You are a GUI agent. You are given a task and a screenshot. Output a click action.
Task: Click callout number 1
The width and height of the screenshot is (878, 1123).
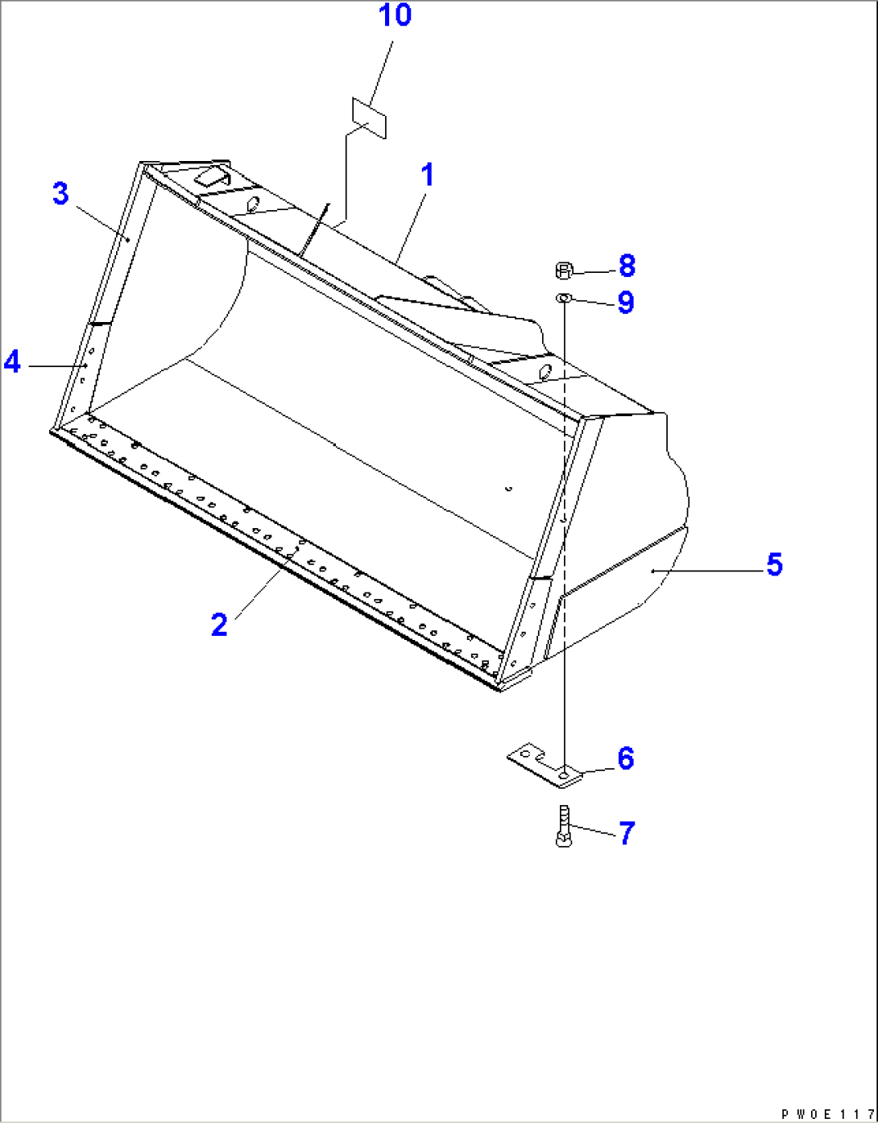[428, 175]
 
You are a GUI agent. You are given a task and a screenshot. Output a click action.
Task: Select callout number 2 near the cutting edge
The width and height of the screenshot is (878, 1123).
[219, 625]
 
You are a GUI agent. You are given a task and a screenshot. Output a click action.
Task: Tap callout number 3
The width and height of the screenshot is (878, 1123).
[60, 193]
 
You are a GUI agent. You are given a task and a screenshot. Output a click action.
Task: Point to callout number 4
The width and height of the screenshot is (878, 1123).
[12, 361]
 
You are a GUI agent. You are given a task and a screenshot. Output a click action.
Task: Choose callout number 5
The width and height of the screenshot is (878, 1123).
[774, 564]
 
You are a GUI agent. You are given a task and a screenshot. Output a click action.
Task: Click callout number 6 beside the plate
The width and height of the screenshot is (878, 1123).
[626, 758]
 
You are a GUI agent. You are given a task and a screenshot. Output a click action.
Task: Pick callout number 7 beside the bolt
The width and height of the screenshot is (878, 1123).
[627, 832]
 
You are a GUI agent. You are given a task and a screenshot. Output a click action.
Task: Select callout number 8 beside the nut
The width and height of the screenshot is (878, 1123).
[627, 265]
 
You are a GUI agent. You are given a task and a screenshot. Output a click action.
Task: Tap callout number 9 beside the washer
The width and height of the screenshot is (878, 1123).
[626, 303]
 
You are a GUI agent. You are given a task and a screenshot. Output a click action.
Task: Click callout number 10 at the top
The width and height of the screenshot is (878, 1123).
[395, 14]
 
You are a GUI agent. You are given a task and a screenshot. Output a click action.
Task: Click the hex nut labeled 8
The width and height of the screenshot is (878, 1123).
[564, 270]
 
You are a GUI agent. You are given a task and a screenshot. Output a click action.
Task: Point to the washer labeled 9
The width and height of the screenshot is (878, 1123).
[563, 299]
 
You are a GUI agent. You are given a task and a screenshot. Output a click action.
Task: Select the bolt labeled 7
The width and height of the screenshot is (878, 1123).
[563, 826]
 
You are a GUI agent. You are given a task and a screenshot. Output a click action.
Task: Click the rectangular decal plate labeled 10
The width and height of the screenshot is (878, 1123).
[369, 118]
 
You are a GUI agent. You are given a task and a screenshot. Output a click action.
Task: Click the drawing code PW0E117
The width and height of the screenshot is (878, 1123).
[826, 1114]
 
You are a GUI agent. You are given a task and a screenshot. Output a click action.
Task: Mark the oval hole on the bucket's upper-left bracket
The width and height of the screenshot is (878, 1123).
[252, 204]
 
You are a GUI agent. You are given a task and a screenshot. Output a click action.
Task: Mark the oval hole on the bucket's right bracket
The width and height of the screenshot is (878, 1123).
[545, 371]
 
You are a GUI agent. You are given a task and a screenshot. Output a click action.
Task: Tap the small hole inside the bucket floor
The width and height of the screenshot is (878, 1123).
[507, 487]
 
